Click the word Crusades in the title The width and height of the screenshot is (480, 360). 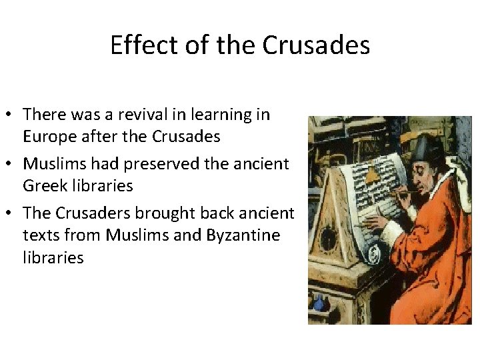[316, 45]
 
